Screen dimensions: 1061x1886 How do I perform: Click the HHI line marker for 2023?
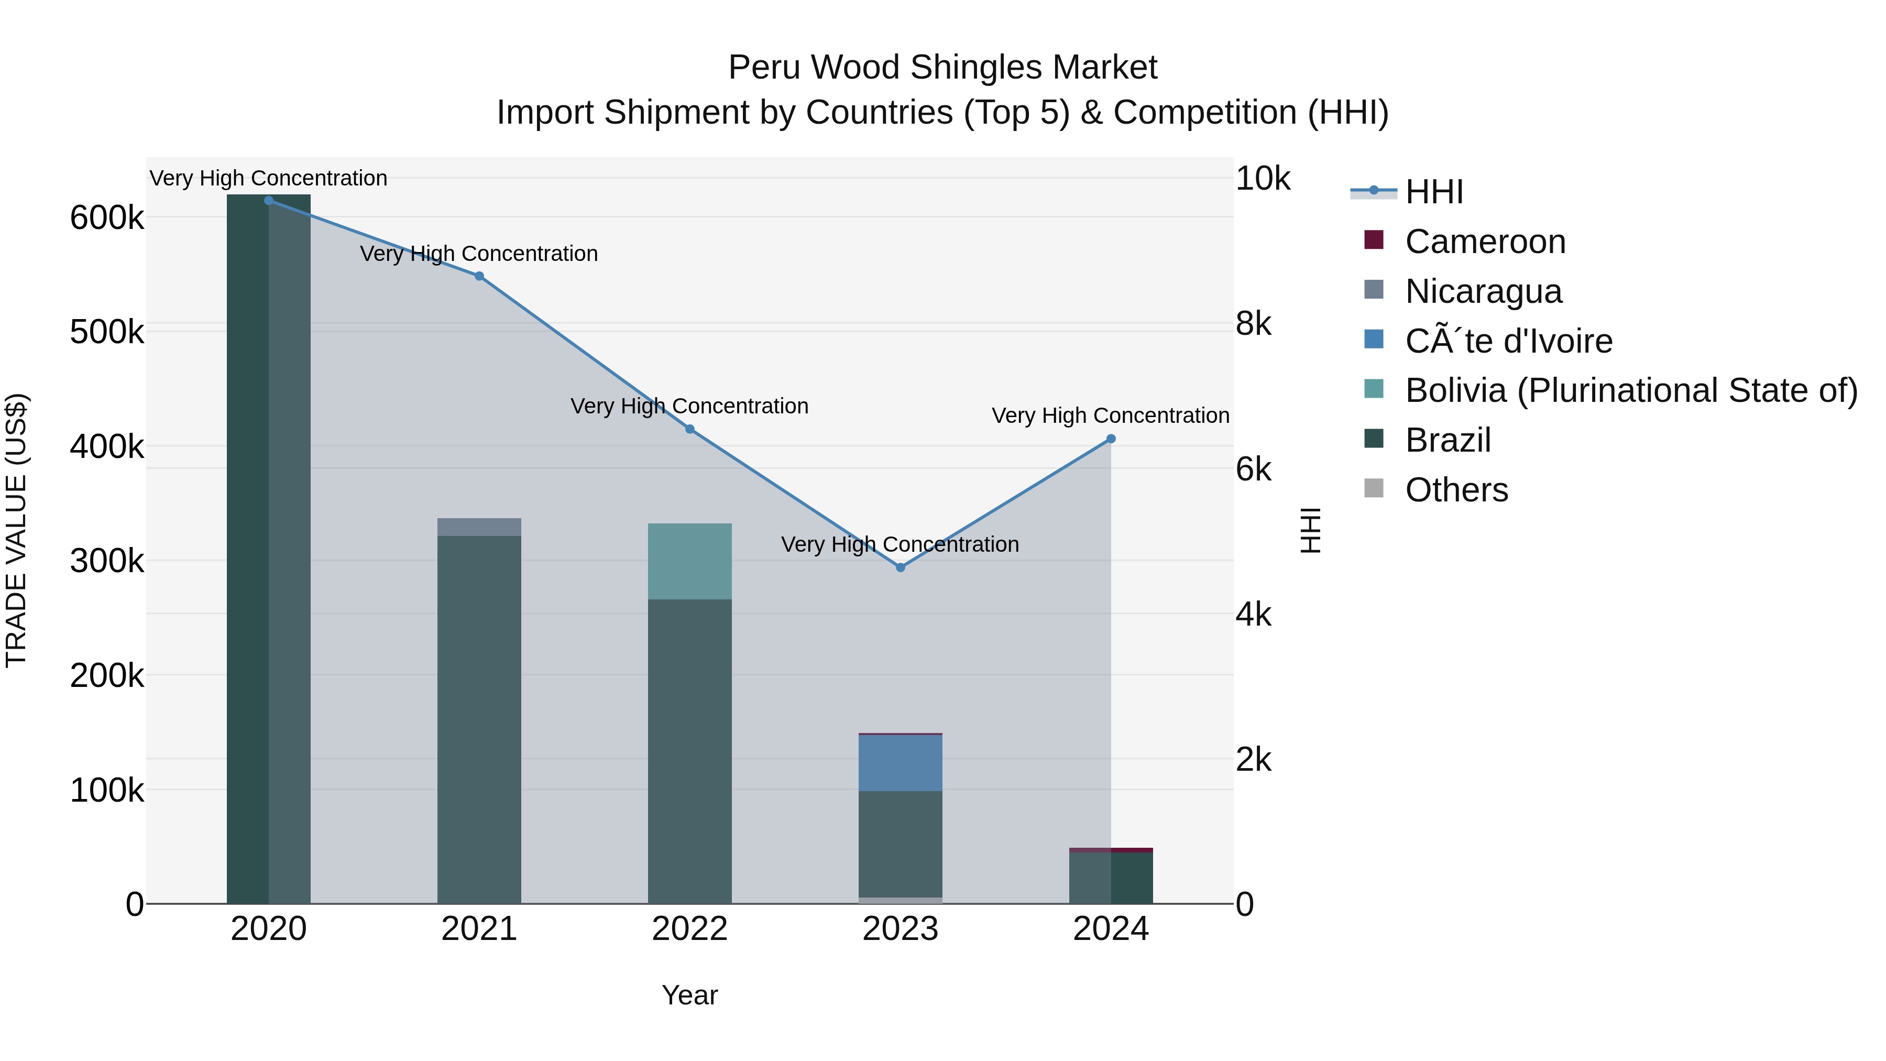pos(900,567)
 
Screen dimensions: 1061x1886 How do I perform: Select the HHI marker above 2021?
pos(479,276)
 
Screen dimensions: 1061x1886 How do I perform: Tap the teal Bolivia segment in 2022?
pos(689,561)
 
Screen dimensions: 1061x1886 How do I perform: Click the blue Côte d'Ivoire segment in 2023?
pos(900,762)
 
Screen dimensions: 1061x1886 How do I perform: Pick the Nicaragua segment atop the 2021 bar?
pos(479,527)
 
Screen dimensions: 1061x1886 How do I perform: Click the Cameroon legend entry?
pos(1484,242)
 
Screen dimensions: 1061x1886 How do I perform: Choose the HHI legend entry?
pos(1433,192)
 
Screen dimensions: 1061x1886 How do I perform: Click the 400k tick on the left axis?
pos(107,446)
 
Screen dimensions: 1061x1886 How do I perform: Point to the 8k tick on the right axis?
pos(1254,324)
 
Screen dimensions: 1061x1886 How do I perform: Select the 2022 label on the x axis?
pos(689,929)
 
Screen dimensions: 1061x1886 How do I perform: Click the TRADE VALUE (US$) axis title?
pos(16,530)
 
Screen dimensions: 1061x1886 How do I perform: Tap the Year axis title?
pos(689,995)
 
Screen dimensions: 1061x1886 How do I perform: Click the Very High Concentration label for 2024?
pos(1110,415)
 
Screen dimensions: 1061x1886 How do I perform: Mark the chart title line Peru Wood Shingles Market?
pos(942,68)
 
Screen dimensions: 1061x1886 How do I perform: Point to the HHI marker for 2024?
pos(1111,439)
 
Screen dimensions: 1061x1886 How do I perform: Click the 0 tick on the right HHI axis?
pos(1245,905)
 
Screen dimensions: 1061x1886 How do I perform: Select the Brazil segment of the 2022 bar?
pos(689,750)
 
